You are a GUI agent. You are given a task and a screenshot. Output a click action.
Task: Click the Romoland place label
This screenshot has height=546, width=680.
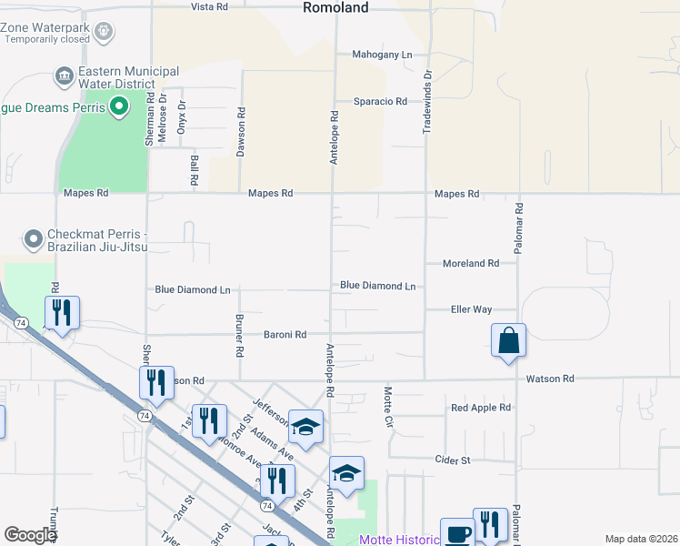point(335,7)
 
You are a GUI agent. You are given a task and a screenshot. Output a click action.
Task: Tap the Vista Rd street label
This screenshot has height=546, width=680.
point(209,6)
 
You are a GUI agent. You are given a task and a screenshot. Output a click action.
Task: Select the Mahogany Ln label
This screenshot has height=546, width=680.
point(382,55)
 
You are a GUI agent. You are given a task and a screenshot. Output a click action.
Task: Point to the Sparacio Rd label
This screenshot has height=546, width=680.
point(380,101)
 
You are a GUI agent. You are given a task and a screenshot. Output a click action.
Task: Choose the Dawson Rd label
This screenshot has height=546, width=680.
point(242,132)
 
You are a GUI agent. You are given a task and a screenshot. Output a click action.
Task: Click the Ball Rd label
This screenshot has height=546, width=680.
point(195,170)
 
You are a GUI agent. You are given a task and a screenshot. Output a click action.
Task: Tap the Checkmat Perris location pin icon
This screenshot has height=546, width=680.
point(35,240)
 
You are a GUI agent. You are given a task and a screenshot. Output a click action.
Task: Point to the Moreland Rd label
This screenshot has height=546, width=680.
point(471,263)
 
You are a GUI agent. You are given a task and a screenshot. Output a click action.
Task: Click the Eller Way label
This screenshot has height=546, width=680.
point(471,309)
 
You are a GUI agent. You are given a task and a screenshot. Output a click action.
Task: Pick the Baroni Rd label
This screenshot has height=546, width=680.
point(285,334)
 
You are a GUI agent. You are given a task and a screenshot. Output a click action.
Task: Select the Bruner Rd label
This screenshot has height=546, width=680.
point(239,336)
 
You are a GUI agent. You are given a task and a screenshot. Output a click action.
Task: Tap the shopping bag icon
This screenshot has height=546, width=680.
point(509,341)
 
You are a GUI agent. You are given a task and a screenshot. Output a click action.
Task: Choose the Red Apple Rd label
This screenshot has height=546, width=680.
point(481,408)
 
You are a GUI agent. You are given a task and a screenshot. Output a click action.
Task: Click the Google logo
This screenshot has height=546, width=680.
point(30,535)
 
